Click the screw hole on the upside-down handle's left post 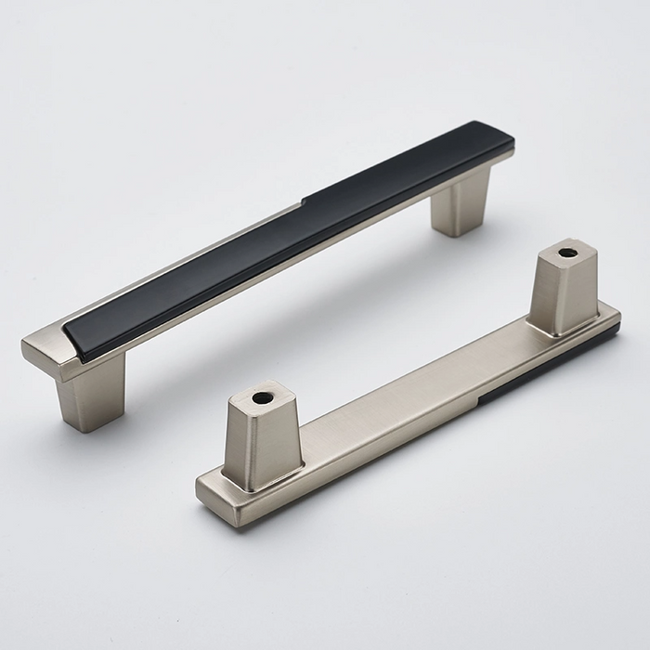[263, 397]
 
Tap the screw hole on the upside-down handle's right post [567, 252]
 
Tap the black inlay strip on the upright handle [279, 237]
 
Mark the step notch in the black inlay [304, 199]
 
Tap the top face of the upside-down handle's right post [567, 253]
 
